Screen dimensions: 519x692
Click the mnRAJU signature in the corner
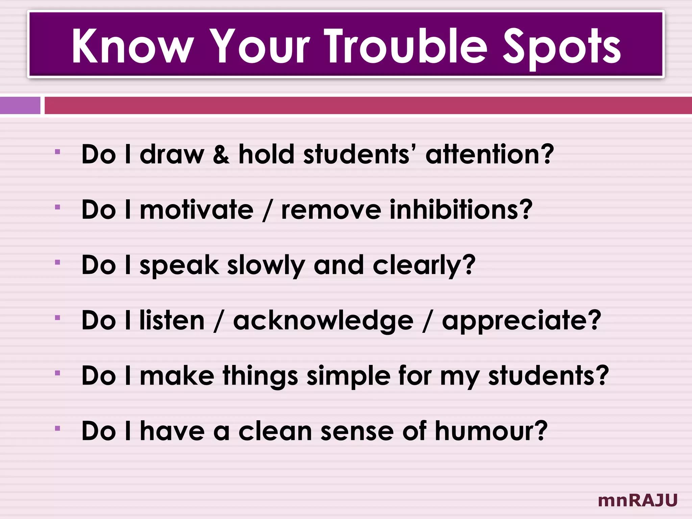pos(638,500)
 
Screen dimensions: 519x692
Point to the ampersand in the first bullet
pos(221,155)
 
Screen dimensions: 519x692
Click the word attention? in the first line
pos(490,154)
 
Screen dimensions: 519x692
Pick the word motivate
pos(196,210)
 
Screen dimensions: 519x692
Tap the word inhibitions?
pos(461,210)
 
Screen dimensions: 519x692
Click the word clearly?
pos(424,266)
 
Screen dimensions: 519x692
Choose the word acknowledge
pos(323,321)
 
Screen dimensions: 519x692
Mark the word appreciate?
pos(521,321)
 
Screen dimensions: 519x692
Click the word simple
pos(348,376)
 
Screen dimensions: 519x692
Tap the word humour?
pos(491,431)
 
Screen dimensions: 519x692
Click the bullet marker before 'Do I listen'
pos(57,318)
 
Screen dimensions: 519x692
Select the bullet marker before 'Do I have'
pos(57,428)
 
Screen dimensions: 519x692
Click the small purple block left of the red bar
pos(20,105)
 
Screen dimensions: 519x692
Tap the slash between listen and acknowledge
pos(219,321)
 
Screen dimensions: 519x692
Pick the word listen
pos(172,321)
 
